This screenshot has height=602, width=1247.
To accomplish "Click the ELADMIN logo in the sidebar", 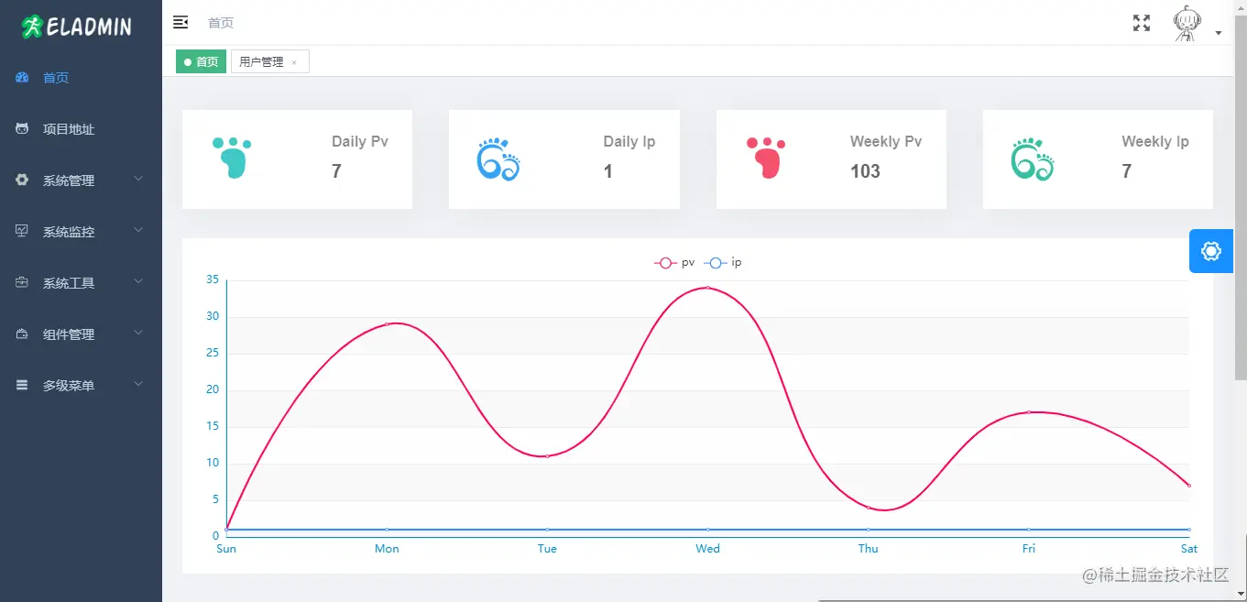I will pos(77,27).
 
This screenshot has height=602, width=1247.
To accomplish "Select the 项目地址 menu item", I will pos(68,129).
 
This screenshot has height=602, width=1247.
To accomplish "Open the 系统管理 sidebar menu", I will pos(69,181).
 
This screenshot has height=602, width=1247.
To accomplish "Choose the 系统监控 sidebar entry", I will pos(69,232).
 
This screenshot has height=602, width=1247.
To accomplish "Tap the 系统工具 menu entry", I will pos(69,283).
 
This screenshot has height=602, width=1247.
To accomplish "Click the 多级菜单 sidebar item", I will pos(69,386).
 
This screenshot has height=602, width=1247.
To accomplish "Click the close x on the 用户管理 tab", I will pos(294,62).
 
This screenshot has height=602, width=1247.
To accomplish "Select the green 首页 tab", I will pos(201,61).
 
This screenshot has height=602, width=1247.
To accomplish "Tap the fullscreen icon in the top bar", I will pos(1142,23).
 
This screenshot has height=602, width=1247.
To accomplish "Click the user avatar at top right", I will pos(1187,24).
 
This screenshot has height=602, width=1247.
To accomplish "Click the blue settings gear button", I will pos(1210,251).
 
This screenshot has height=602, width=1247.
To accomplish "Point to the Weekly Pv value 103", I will pos(865,171).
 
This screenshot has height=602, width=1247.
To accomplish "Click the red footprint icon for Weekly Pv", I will pos(766,158).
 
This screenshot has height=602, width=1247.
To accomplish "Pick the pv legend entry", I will pos(673,263).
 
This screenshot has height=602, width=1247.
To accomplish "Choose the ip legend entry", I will pos(723,263).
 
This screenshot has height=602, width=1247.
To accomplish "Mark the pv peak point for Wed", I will pos(707,288).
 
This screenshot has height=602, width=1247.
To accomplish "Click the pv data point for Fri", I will pos(1029,412).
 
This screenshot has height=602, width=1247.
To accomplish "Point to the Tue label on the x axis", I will pos(547,549).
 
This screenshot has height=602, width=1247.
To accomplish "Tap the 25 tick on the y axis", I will pos(213,353).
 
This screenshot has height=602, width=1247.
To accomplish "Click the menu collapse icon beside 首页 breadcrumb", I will pos(180,22).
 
